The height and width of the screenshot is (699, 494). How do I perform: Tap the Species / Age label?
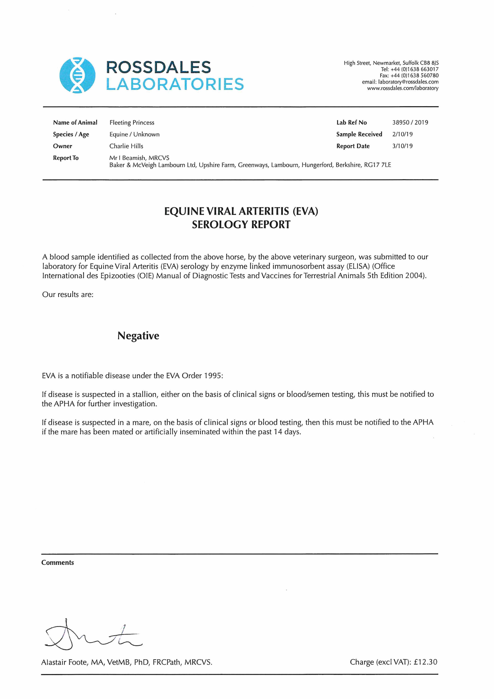[71, 134]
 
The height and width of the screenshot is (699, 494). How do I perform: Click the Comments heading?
[58, 563]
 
